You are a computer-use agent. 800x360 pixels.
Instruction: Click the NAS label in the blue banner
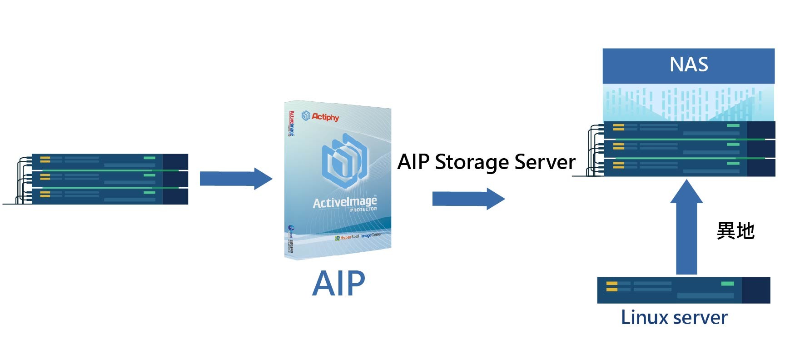click(x=688, y=65)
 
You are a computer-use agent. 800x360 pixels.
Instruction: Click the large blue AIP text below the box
click(x=338, y=283)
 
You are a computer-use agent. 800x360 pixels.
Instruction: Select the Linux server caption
click(x=674, y=317)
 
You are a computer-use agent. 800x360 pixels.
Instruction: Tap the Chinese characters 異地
click(x=735, y=231)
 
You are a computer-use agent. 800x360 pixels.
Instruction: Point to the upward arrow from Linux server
click(x=686, y=227)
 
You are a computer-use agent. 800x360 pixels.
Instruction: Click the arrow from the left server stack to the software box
click(x=236, y=179)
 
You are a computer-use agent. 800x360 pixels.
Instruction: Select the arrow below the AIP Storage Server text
click(x=468, y=199)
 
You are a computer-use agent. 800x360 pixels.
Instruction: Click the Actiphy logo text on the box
click(x=325, y=117)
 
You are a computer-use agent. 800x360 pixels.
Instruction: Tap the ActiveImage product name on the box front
click(x=344, y=201)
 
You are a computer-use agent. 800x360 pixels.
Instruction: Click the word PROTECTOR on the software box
click(x=363, y=210)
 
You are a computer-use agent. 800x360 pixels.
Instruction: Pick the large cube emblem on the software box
click(x=344, y=160)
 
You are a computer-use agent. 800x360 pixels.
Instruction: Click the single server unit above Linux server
click(x=683, y=290)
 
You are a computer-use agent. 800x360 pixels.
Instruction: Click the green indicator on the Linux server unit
click(x=727, y=284)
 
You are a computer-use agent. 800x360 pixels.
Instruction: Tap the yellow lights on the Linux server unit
click(x=611, y=286)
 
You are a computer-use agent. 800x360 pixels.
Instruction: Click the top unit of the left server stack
click(x=109, y=162)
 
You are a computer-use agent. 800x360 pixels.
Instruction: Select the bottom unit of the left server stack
click(x=109, y=196)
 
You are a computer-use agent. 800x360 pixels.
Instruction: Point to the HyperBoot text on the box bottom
click(x=349, y=237)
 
